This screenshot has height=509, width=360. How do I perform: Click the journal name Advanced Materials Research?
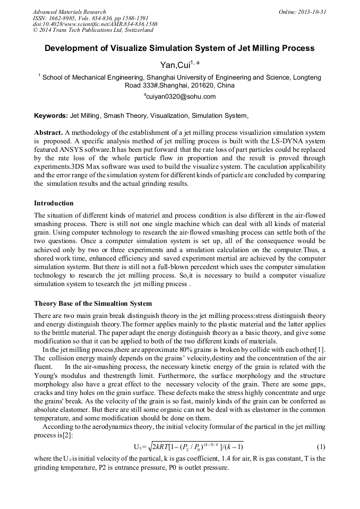69,12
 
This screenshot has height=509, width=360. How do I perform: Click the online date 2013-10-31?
310,12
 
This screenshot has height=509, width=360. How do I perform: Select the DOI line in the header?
95,24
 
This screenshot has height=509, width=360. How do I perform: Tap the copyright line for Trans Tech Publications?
93,31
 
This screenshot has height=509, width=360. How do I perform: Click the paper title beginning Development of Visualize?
179,48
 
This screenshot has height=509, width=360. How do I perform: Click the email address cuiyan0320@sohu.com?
180,97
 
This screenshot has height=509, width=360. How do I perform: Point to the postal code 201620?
202,85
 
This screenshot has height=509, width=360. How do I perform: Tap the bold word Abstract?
48,132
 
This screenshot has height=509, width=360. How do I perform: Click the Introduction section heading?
54,203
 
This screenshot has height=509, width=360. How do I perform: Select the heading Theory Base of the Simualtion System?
93,304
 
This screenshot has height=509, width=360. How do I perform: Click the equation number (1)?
320,447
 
